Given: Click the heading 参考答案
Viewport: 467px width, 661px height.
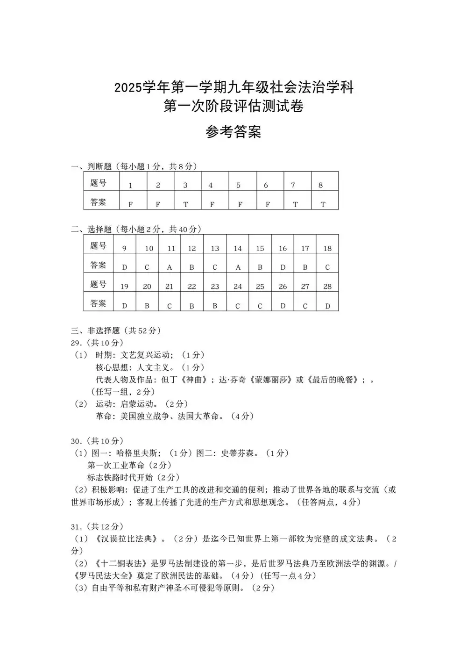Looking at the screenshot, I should tap(233, 132).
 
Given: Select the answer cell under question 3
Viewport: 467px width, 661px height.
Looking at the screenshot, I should tap(186, 204).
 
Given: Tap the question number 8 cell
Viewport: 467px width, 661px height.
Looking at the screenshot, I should tap(321, 185).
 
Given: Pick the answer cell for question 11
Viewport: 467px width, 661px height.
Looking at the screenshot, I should tap(170, 267).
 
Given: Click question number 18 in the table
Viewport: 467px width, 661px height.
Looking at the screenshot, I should tap(327, 248).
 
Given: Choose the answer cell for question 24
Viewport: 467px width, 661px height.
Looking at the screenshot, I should tap(238, 306).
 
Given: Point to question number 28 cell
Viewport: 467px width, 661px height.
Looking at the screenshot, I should tap(327, 287).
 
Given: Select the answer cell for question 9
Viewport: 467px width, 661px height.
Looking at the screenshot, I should tap(125, 267).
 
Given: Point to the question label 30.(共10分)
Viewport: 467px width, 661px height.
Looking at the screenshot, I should tap(97, 441).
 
